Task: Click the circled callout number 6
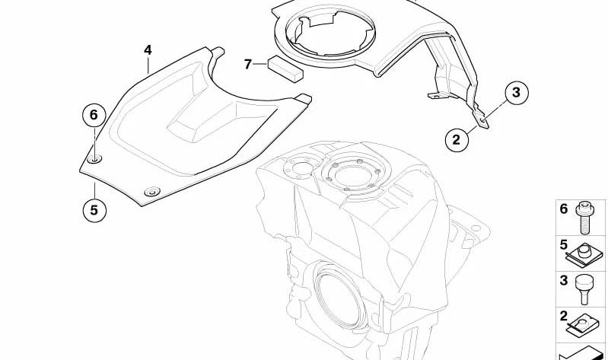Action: (x=94, y=116)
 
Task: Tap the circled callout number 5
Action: (x=94, y=210)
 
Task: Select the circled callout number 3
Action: (x=516, y=94)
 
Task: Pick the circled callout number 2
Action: (x=457, y=139)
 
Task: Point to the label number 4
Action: (x=148, y=50)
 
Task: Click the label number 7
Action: (x=247, y=64)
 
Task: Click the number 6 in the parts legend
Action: (x=564, y=208)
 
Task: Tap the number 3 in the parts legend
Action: (x=564, y=280)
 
